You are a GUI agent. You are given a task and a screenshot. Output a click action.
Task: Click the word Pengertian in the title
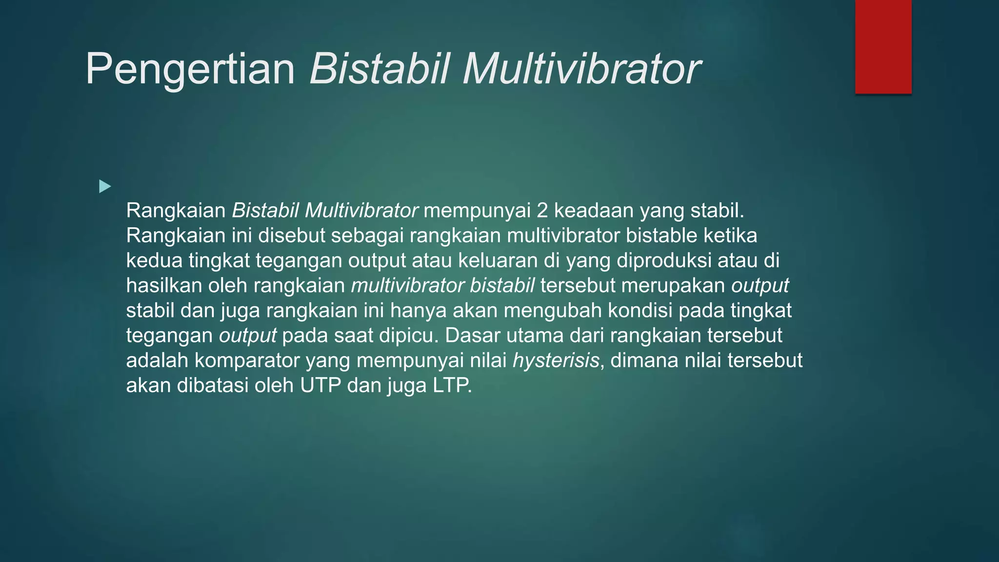pyautogui.click(x=190, y=69)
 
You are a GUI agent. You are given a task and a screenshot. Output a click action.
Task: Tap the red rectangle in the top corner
pyautogui.click(x=883, y=46)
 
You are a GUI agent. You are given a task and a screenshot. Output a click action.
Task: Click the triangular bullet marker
pyautogui.click(x=105, y=186)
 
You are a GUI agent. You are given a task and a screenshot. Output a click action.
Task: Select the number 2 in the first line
pyautogui.click(x=542, y=211)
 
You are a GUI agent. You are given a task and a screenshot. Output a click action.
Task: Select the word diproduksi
pyautogui.click(x=664, y=261)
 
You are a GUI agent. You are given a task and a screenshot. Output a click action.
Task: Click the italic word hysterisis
pyautogui.click(x=556, y=361)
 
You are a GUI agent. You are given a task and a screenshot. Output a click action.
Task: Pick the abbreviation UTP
pyautogui.click(x=320, y=385)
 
